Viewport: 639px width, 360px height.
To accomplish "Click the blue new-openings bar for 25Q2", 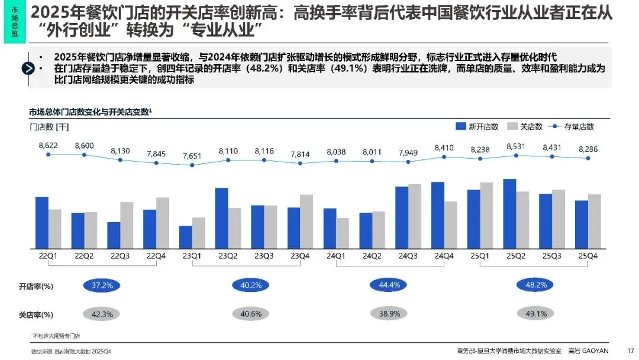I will coord(509,213).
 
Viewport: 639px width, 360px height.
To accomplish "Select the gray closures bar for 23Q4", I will coord(306,221).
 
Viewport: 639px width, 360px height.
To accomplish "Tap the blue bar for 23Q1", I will coord(186,237).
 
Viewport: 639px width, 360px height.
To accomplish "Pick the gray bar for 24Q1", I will coord(343,233).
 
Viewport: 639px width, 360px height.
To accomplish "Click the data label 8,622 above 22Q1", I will coord(49,145).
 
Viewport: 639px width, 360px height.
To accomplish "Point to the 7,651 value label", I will coord(192,155).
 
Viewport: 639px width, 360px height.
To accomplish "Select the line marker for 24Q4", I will coord(444,157).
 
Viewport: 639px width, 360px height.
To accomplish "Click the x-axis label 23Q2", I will coord(228,256).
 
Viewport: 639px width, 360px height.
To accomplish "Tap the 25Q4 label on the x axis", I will coord(588,256).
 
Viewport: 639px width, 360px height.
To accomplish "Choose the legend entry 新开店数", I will coord(477,126).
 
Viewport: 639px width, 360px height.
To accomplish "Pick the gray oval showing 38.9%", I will coord(389,314).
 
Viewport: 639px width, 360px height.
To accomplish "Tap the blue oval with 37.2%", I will coord(102,285).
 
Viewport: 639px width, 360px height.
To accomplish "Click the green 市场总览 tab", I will coord(14,22).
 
